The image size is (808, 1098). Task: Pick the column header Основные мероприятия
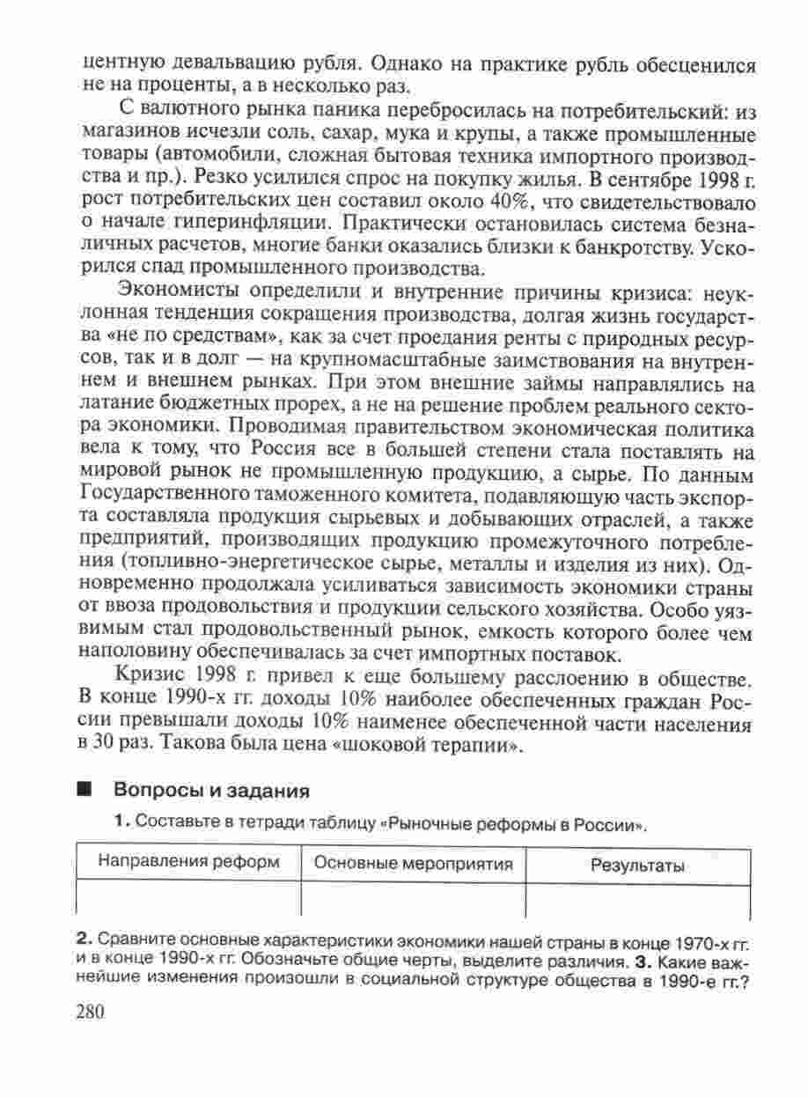pyautogui.click(x=413, y=864)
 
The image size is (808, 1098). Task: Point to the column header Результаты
pyautogui.click(x=637, y=866)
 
